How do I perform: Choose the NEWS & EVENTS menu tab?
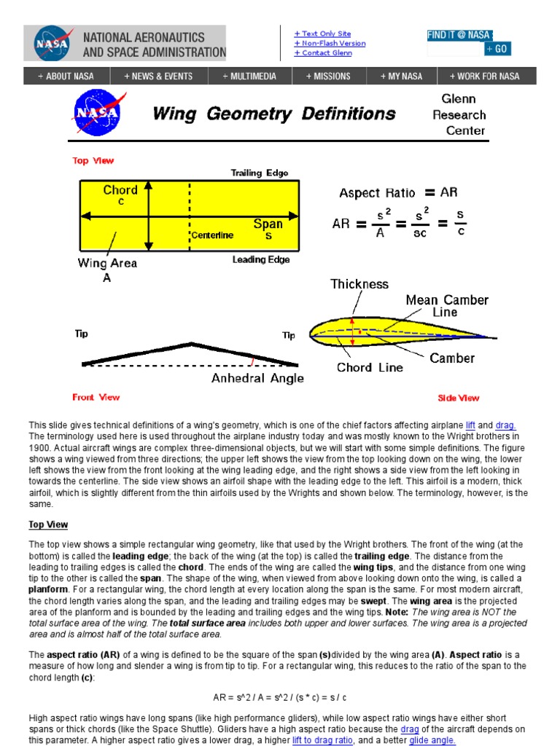click(x=158, y=76)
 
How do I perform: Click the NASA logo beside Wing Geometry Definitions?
click(x=95, y=113)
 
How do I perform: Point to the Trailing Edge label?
click(x=260, y=173)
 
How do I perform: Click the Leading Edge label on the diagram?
click(x=261, y=260)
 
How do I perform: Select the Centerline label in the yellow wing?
click(x=213, y=235)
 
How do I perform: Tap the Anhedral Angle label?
click(x=257, y=379)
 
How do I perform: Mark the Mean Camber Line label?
click(x=447, y=306)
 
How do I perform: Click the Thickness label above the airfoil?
click(x=359, y=284)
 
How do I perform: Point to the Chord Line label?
click(x=370, y=368)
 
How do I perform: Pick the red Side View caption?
click(x=458, y=398)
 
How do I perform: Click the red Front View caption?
click(x=96, y=397)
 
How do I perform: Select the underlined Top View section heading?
click(x=48, y=525)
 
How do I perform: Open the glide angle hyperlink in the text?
click(x=432, y=740)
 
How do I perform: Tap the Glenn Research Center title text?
click(x=459, y=114)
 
